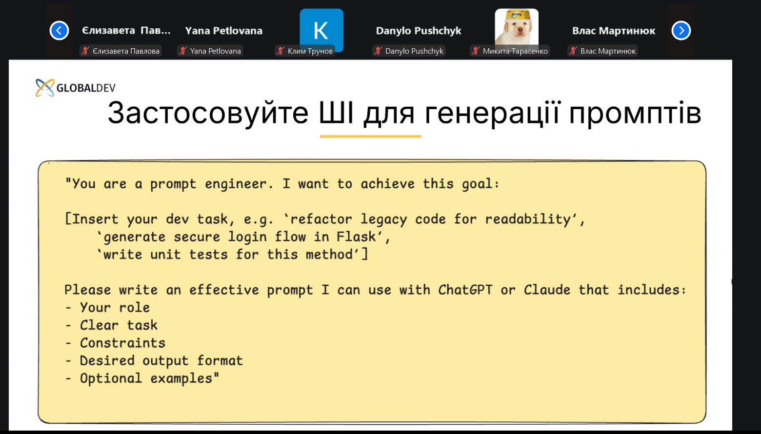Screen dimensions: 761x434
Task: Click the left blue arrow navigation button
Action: tap(59, 31)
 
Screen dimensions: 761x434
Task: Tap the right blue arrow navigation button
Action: tap(681, 31)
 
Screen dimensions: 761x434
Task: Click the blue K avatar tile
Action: tap(321, 30)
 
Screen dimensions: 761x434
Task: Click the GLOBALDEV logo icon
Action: tap(45, 88)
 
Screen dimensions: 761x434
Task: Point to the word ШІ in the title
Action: tap(336, 113)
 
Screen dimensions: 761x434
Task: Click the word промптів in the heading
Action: tap(635, 114)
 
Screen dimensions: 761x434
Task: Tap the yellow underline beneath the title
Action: tap(371, 137)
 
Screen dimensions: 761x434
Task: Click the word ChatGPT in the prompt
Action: tap(465, 290)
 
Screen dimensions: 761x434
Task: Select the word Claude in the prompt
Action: tap(547, 290)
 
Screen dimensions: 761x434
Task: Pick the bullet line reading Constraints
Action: tap(115, 343)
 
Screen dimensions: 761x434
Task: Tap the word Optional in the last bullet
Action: tap(111, 378)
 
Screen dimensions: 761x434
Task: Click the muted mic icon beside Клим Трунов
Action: tap(280, 51)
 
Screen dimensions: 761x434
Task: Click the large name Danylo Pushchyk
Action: tap(419, 31)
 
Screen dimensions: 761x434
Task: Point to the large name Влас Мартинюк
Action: tap(614, 31)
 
